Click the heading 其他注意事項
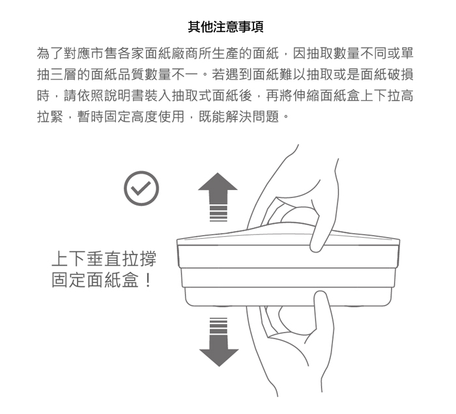pos(225,27)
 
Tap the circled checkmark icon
pos(141,188)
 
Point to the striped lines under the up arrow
pos(218,214)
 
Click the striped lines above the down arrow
pos(218,325)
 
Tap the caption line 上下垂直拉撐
pos(104,259)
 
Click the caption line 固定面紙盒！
pos(102,279)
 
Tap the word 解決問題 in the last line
pos(253,117)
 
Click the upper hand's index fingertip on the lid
pos(316,247)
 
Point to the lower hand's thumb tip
pos(321,295)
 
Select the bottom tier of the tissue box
pos(289,297)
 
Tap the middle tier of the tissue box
pos(288,277)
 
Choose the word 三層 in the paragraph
pos(63,75)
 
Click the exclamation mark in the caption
pos(148,280)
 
